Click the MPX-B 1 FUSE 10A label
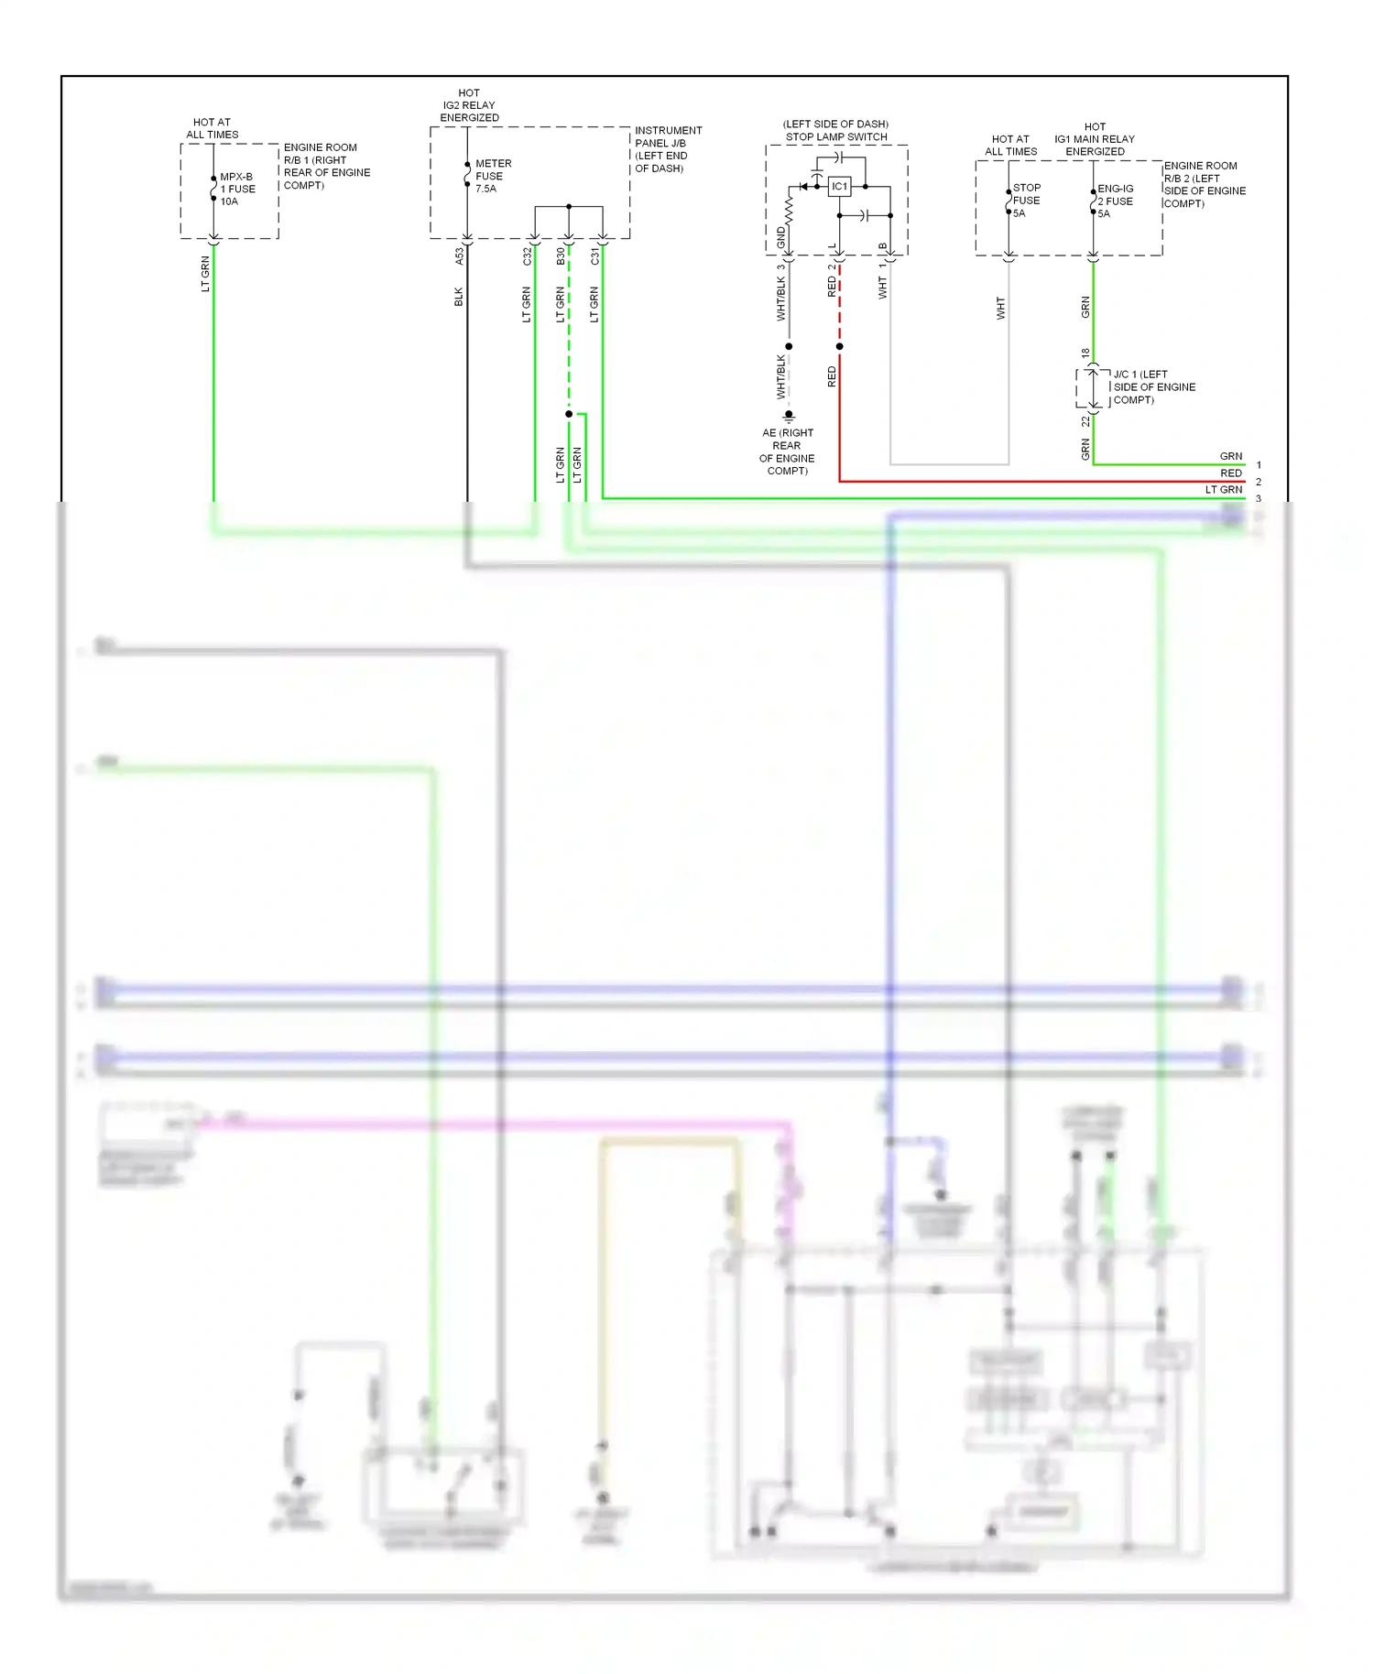click(x=237, y=190)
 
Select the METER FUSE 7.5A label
click(x=492, y=176)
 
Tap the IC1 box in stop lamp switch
click(x=839, y=187)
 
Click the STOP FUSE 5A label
click(x=1026, y=201)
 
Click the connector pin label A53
click(x=459, y=257)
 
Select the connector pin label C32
click(x=527, y=256)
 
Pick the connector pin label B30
click(x=561, y=256)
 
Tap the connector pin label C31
click(x=594, y=256)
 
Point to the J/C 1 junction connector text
click(x=1153, y=387)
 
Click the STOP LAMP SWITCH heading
click(x=835, y=136)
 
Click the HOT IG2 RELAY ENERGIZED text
click(x=469, y=105)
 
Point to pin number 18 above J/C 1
click(x=1085, y=353)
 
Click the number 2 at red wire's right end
click(x=1259, y=482)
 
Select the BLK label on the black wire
click(x=459, y=297)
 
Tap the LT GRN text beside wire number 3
click(x=1224, y=490)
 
